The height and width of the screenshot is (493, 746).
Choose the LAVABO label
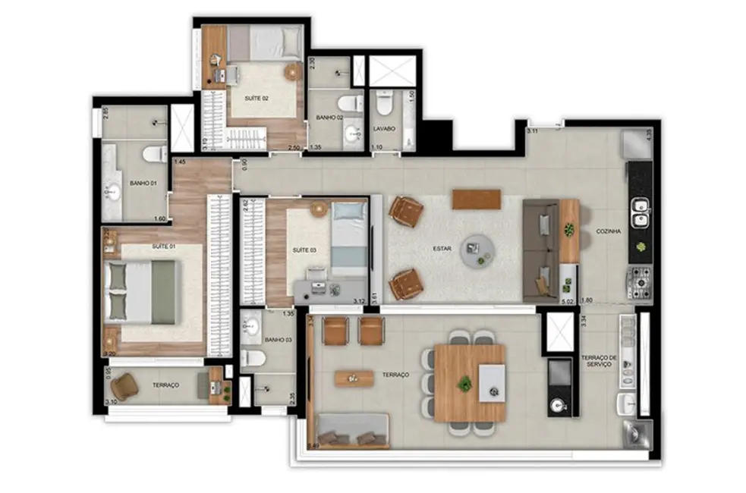[384, 129]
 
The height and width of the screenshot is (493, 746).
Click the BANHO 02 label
[330, 118]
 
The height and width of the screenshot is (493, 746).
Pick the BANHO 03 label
[279, 340]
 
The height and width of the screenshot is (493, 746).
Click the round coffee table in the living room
[478, 248]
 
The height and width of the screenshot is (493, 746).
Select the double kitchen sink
[640, 212]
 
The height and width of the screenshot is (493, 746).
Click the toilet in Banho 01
[155, 154]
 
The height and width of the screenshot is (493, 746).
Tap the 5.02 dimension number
[567, 301]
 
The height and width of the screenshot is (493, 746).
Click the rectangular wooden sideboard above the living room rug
[476, 199]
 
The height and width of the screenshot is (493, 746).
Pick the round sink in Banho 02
[353, 134]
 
